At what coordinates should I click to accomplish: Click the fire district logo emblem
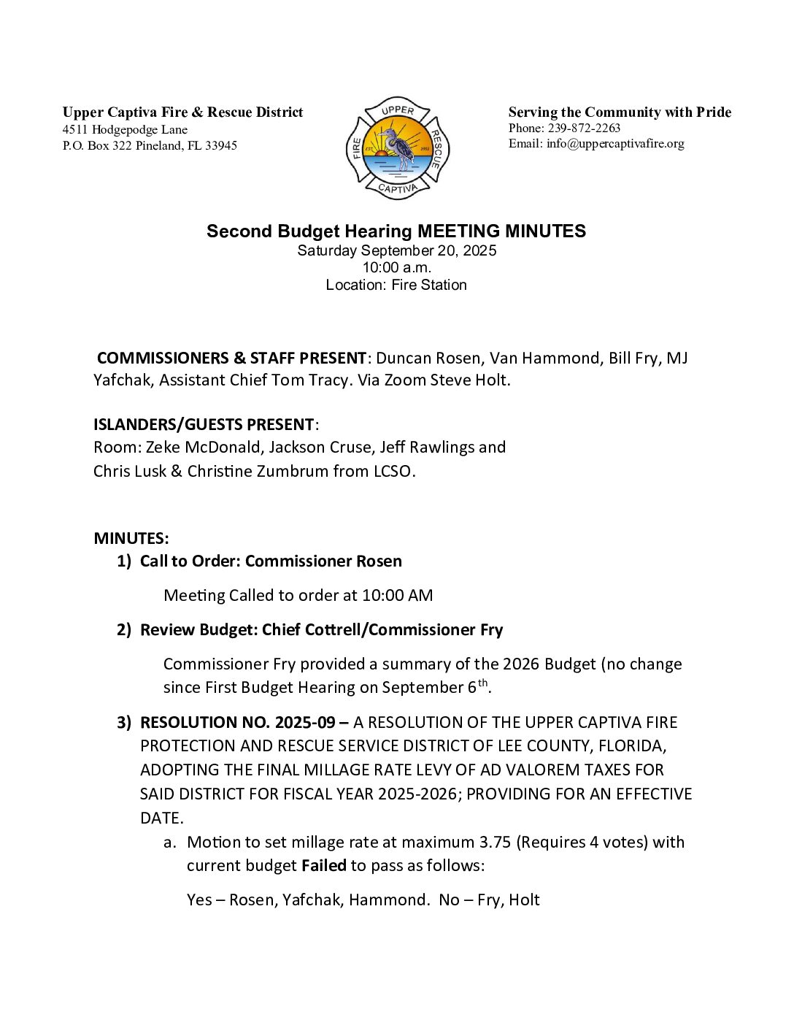coord(398,148)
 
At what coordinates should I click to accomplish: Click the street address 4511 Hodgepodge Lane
coord(125,129)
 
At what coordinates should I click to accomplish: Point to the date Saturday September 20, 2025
coord(396,250)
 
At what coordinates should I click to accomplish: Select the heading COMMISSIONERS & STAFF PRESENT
coord(231,358)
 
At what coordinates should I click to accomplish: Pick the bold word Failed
coord(324,865)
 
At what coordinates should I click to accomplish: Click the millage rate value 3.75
coord(496,842)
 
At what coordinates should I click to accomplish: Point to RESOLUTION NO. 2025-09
coord(238,722)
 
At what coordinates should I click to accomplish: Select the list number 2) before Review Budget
coord(124,629)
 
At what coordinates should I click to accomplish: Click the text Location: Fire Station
coord(396,285)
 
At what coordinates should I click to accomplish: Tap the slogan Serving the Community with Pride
coord(620,112)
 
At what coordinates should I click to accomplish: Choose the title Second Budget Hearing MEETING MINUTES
coord(396,231)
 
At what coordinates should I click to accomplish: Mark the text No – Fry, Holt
coord(489,899)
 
